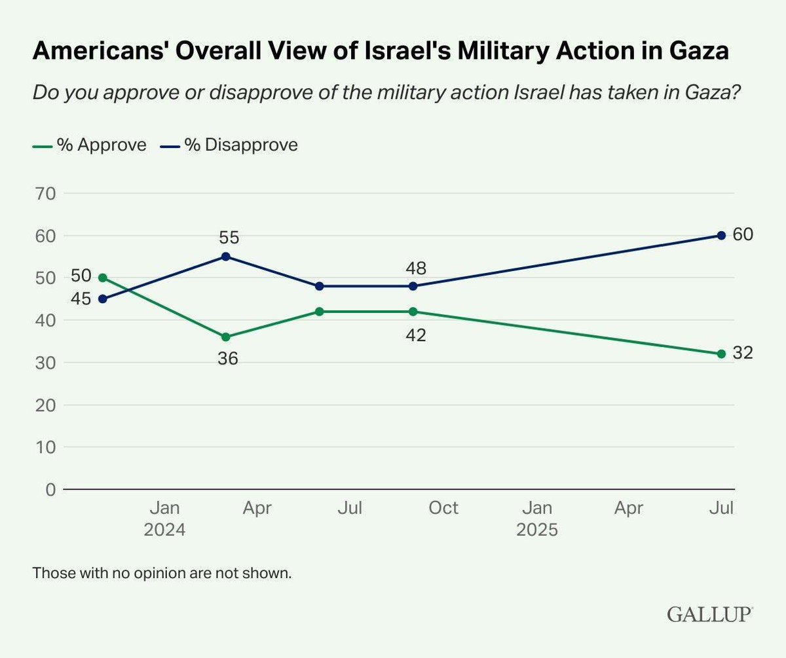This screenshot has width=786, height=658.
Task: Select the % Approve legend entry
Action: click(x=90, y=144)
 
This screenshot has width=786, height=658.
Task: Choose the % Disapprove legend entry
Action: click(x=229, y=144)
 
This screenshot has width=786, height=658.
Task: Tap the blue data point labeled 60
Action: click(x=721, y=236)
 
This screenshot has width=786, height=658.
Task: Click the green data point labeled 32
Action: click(x=721, y=354)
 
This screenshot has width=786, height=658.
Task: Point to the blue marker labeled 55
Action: click(x=225, y=257)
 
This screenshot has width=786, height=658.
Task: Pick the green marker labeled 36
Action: click(x=225, y=337)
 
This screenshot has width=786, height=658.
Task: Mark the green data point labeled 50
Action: click(x=102, y=278)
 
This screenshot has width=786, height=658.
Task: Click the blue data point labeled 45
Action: click(x=102, y=299)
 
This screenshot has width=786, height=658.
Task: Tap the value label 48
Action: click(x=416, y=268)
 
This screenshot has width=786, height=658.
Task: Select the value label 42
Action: click(x=416, y=335)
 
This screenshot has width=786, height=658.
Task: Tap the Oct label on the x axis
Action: click(x=443, y=508)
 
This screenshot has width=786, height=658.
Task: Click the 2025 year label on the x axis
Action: click(x=536, y=529)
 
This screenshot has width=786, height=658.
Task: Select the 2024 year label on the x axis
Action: click(x=164, y=529)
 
